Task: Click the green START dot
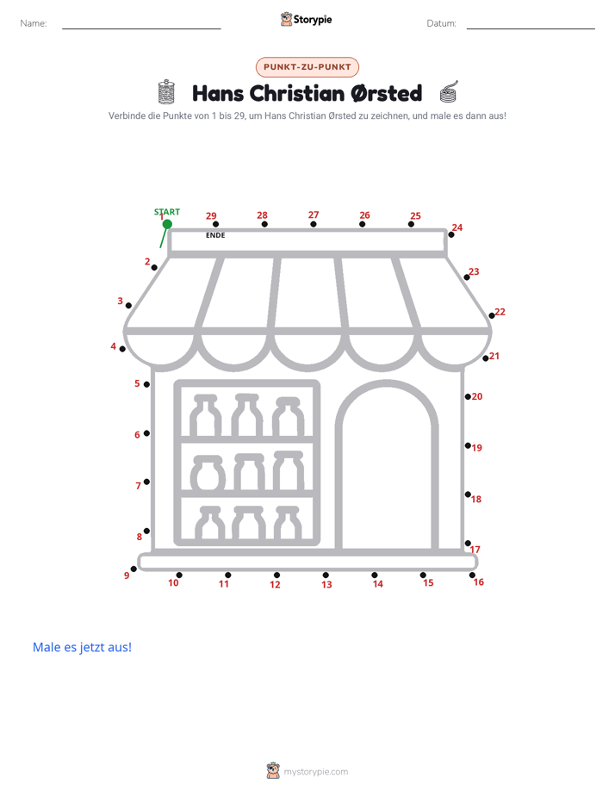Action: pos(167,224)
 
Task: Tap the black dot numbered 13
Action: pos(326,575)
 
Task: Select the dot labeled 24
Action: pos(451,234)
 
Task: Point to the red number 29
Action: pos(211,215)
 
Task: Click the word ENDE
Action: pos(215,235)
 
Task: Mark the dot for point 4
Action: pos(122,349)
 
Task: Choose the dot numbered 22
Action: pos(491,316)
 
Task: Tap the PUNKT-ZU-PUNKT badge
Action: pos(307,67)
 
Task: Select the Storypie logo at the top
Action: pos(306,19)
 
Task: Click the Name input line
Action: pos(141,28)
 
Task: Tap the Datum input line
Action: pos(531,28)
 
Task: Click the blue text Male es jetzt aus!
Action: pos(82,647)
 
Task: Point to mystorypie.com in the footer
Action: pos(315,772)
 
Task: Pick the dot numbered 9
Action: pos(134,569)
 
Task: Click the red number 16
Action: pos(479,582)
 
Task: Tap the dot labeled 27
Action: pos(313,224)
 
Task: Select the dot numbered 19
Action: pos(468,445)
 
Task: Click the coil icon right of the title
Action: pos(449,92)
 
